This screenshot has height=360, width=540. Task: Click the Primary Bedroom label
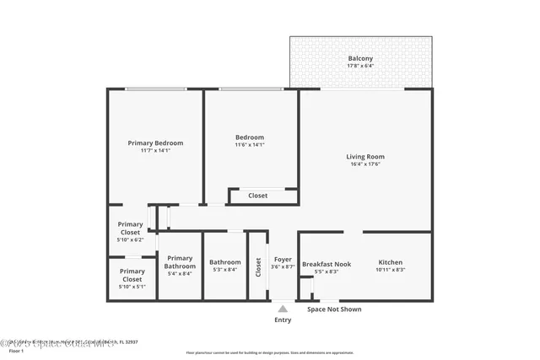[x=155, y=143]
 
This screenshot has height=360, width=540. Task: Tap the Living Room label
[x=365, y=157]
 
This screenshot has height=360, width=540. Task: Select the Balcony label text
[x=360, y=58]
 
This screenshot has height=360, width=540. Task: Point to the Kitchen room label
[x=390, y=262]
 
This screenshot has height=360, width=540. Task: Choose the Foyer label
[x=283, y=260]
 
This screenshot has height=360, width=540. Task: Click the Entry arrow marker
[x=283, y=309]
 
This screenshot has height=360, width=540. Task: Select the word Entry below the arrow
[x=283, y=320]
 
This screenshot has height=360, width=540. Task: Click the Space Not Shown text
[x=334, y=309]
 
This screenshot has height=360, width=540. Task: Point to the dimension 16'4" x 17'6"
[x=365, y=164]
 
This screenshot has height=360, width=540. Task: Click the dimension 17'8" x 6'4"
[x=360, y=66]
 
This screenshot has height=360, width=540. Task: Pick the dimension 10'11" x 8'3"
[x=390, y=270]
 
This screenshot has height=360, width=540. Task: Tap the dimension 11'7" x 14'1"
[x=155, y=150]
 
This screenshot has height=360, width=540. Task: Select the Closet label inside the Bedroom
[x=257, y=196]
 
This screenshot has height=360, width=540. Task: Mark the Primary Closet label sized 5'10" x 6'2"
[x=131, y=228]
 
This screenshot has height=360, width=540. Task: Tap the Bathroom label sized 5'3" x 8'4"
[x=225, y=262]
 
